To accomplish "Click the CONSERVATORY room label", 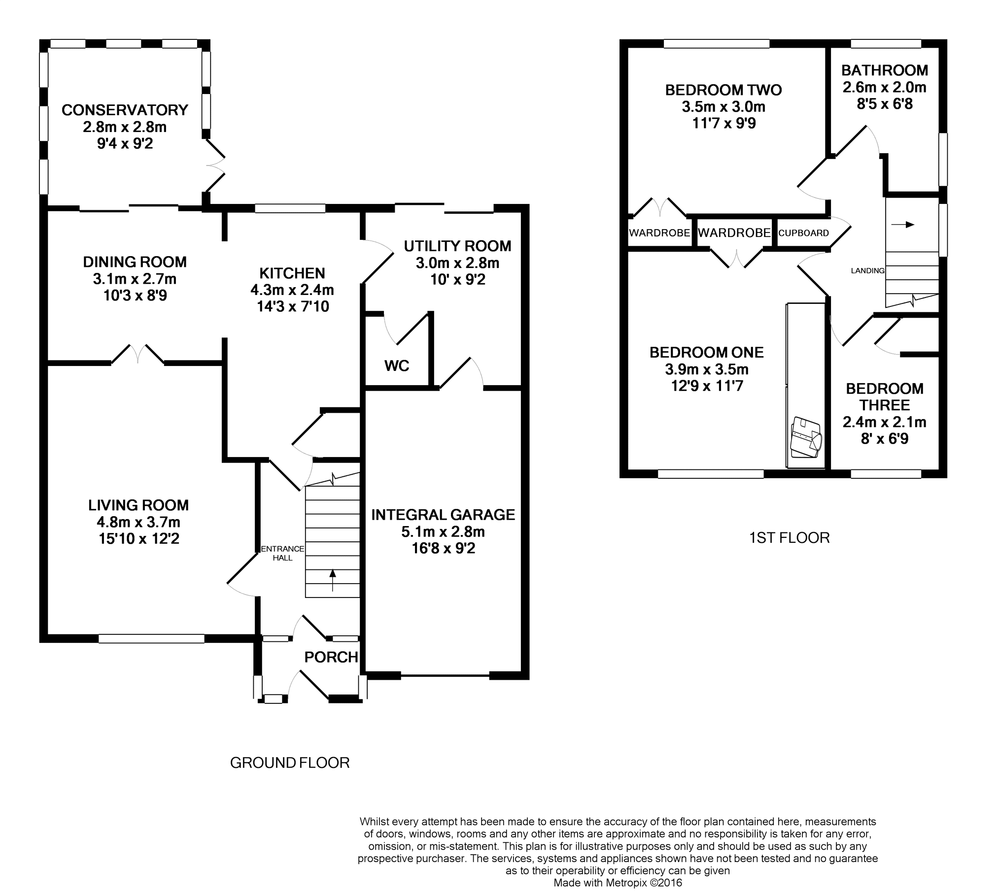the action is tap(125, 110).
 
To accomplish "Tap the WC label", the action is tap(397, 365).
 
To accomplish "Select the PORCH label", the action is tap(331, 657).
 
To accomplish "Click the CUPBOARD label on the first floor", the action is tap(803, 233).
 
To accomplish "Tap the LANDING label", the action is tap(867, 270).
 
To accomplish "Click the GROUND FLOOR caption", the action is tap(290, 763).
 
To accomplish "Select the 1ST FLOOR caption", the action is tap(790, 537).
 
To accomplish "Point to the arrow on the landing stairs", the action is tap(902, 225).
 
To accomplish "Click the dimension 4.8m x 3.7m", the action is tap(138, 522).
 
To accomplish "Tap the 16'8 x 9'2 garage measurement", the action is tap(443, 548).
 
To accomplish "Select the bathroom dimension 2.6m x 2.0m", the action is tap(884, 87).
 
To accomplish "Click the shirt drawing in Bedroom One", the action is tap(805, 436).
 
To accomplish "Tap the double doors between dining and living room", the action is tap(138, 354).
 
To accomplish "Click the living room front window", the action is tap(151, 638).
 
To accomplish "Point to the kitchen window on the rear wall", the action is tap(290, 208).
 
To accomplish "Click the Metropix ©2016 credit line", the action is tap(618, 883).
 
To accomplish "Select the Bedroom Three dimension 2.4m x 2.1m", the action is tap(884, 422).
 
